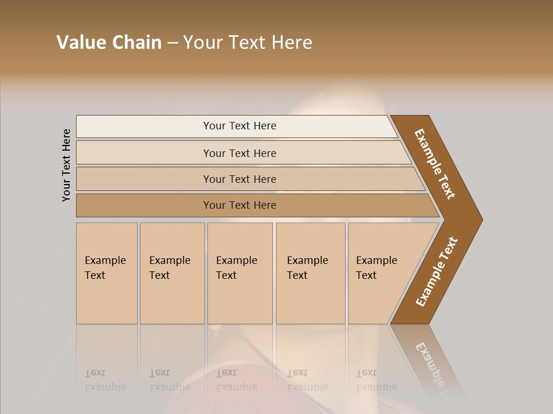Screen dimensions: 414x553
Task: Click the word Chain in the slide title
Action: click(137, 43)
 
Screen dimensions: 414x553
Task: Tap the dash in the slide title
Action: click(172, 43)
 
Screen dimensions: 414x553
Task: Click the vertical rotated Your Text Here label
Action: click(66, 165)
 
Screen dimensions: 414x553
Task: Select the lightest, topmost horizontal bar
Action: click(239, 126)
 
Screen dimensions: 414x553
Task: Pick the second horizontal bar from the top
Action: click(239, 153)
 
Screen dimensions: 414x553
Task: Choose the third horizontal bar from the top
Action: click(239, 179)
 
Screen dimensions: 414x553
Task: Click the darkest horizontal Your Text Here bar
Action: click(239, 205)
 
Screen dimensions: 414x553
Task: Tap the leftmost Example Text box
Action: click(107, 273)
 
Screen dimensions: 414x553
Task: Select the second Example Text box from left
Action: click(172, 273)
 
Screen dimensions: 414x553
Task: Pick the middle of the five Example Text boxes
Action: click(240, 273)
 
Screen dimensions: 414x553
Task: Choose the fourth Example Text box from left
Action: click(310, 273)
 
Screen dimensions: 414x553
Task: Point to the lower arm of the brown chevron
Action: click(436, 273)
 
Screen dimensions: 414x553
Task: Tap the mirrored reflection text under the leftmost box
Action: click(105, 380)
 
